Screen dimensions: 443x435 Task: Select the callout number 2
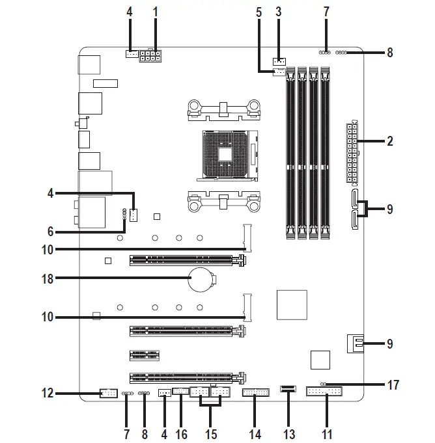click(x=389, y=141)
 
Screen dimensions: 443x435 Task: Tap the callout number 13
click(x=287, y=433)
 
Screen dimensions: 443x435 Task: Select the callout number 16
click(x=181, y=433)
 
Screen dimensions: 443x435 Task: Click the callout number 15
click(x=210, y=433)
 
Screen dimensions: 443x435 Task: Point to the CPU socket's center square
click(x=225, y=153)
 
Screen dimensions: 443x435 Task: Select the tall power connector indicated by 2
click(x=352, y=152)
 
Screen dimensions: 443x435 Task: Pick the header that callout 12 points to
click(x=108, y=393)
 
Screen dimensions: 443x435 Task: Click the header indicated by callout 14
click(x=254, y=393)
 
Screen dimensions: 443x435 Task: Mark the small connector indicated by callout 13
click(x=287, y=390)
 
